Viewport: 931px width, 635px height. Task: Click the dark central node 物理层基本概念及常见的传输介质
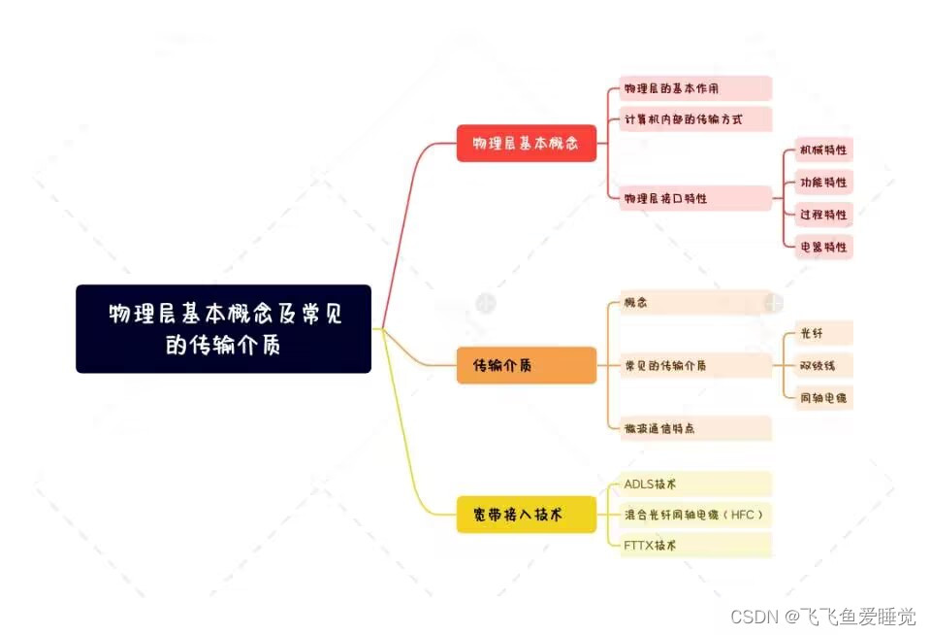pos(223,328)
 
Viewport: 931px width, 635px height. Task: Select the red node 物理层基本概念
pos(527,144)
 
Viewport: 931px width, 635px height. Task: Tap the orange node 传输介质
pos(527,365)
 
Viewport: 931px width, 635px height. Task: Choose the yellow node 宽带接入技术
pos(527,515)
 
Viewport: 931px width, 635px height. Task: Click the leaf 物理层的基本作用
pos(695,88)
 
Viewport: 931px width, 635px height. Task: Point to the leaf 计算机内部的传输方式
pos(695,119)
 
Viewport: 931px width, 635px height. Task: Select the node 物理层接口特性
pos(695,198)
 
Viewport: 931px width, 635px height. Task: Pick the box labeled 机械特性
pos(822,150)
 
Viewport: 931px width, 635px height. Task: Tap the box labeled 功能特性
pos(822,183)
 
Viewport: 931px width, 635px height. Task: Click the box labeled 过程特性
pos(822,215)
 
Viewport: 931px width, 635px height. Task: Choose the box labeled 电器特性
pos(822,247)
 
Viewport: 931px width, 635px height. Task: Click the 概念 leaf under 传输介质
pos(695,303)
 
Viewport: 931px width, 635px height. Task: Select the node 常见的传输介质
pos(695,366)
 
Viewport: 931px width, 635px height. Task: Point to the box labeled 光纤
pos(822,333)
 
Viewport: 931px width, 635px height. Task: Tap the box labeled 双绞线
pos(822,366)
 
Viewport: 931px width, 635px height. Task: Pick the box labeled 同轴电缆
pos(822,398)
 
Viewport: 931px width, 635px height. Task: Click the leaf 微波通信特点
pos(695,428)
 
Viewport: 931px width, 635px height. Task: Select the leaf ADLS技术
pos(695,484)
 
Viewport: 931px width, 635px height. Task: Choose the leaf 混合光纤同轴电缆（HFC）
pos(695,515)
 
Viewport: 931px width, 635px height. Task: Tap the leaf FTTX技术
pos(695,546)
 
